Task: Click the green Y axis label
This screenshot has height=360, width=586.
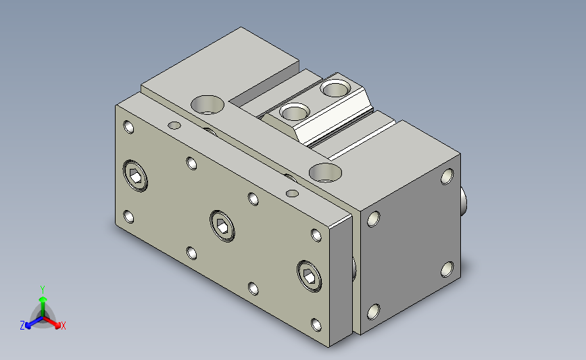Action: click(x=42, y=290)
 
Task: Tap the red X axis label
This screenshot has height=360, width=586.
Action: click(x=63, y=326)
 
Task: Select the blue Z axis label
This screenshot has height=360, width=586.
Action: click(x=22, y=326)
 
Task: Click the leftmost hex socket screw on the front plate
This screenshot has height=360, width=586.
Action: click(x=135, y=176)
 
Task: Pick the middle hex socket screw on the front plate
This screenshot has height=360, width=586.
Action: click(x=222, y=226)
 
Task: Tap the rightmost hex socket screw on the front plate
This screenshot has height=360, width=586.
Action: click(x=310, y=276)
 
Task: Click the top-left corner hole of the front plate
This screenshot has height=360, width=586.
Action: click(x=128, y=127)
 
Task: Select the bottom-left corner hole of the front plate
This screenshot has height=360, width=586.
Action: click(x=128, y=217)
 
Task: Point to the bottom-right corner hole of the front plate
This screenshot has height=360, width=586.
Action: click(x=316, y=324)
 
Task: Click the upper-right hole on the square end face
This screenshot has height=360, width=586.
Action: click(x=447, y=176)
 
